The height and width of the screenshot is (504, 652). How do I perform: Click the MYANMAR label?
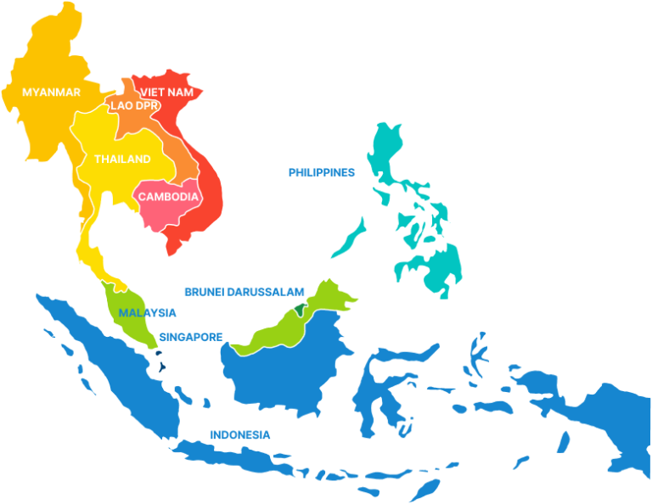51,92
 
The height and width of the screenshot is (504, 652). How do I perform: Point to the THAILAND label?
122,159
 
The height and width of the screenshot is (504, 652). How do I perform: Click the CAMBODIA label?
169,197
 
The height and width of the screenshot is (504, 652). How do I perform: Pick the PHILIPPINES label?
321,171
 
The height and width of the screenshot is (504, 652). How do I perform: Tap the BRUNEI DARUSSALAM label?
244,291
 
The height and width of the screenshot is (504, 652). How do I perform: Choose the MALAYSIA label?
148,312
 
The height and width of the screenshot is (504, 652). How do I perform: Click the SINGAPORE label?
191,337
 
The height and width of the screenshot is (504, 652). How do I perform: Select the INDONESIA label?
241,434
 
